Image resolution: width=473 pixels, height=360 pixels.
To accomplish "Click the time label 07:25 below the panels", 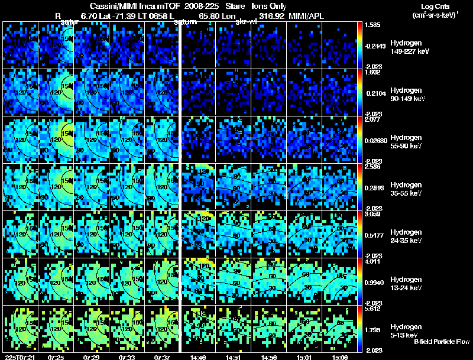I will point(56,357).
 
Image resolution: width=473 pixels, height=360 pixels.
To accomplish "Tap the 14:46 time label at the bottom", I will point(197,357).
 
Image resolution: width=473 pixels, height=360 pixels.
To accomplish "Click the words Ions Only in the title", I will point(268,6).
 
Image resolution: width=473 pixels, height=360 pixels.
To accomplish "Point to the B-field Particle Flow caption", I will point(441,342).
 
